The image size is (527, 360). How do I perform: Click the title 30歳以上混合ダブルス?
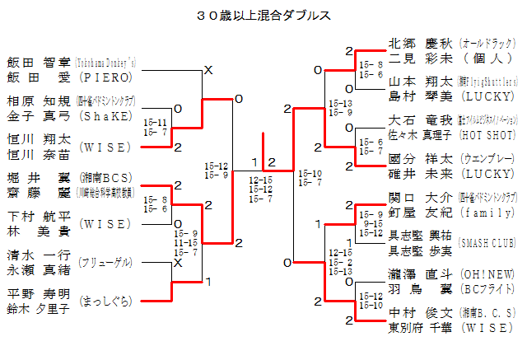(x=264, y=16)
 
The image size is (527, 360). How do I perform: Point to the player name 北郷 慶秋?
(x=421, y=43)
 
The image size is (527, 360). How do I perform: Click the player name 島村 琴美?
(x=421, y=97)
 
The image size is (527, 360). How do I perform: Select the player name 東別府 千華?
(x=421, y=328)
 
